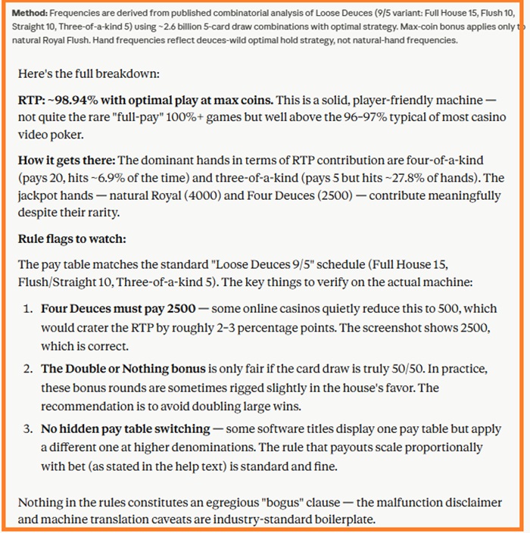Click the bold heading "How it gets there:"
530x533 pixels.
coord(67,160)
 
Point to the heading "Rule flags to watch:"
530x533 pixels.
coord(72,238)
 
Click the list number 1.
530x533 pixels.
coord(26,310)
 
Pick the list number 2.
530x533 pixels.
coord(26,369)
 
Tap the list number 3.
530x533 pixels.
coord(26,429)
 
